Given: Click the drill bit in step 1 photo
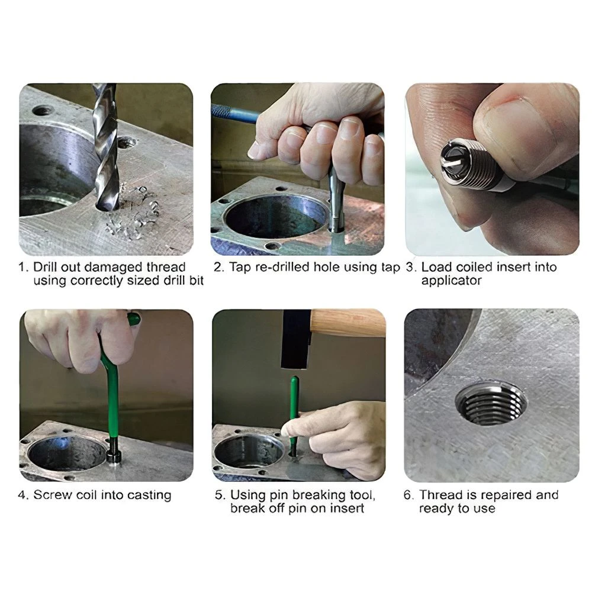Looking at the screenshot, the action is coord(107,147).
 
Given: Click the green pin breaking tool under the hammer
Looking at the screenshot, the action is coord(294,416).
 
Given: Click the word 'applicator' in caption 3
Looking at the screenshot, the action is coord(452,281).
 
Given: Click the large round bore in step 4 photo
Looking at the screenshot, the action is coord(67,453).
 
